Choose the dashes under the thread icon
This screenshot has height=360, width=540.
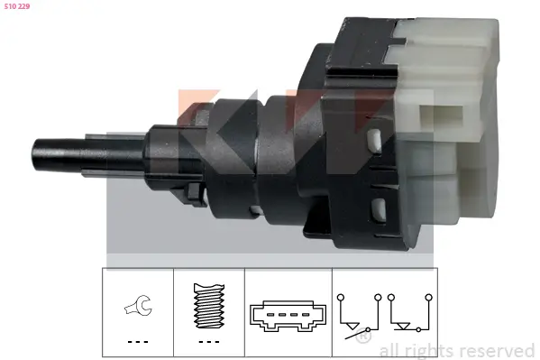(208, 342)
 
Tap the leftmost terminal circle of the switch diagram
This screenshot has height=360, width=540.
(340, 294)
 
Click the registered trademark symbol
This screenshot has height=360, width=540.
(362, 337)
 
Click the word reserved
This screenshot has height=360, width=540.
(498, 350)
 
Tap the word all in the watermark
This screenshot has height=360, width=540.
(391, 350)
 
